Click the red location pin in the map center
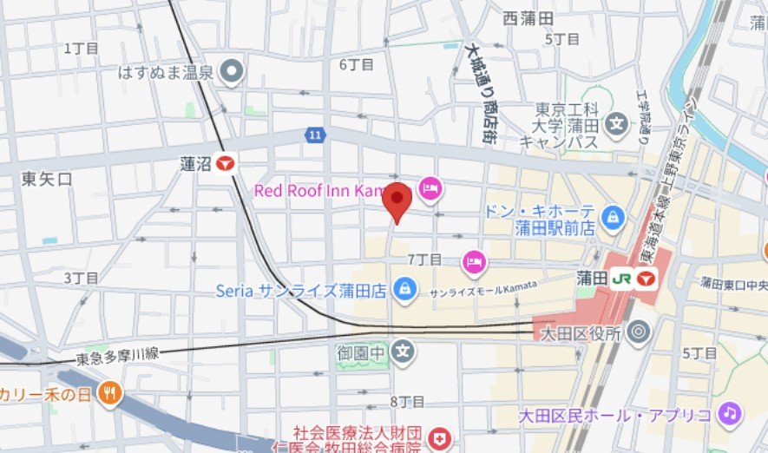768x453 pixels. pyautogui.click(x=397, y=200)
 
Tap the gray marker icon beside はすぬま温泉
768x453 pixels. pyautogui.click(x=231, y=72)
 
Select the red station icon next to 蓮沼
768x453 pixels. pyautogui.click(x=227, y=163)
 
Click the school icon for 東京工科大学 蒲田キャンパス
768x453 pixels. pyautogui.click(x=617, y=123)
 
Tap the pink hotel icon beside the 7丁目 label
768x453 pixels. pyautogui.click(x=473, y=259)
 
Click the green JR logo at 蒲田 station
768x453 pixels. pyautogui.click(x=620, y=279)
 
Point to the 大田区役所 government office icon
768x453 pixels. pyautogui.click(x=639, y=332)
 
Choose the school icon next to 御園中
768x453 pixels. pyautogui.click(x=403, y=351)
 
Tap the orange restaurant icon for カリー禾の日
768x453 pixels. pyautogui.click(x=110, y=395)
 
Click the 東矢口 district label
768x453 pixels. pyautogui.click(x=47, y=179)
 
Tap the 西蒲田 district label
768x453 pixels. pyautogui.click(x=528, y=16)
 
